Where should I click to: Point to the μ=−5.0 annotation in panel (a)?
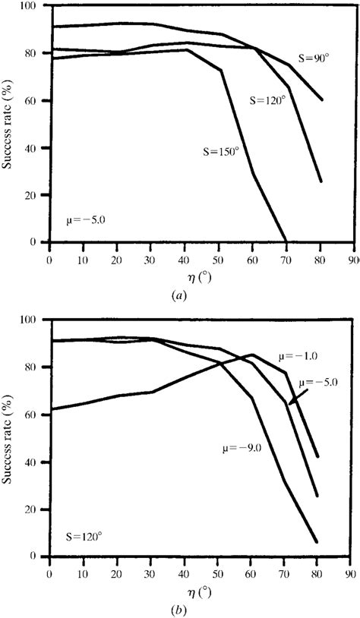tap(85, 221)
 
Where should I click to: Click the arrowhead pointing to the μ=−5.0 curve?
tap(289, 404)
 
